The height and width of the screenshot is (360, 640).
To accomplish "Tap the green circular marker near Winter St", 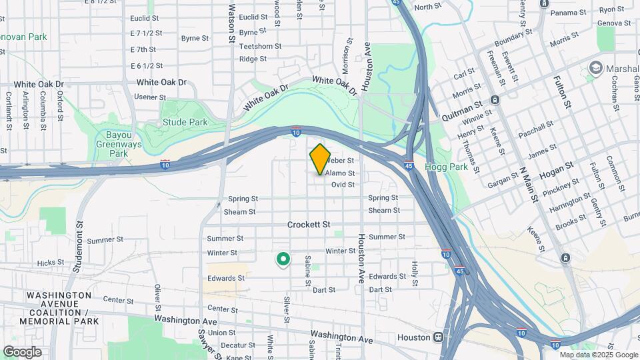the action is click(x=283, y=259).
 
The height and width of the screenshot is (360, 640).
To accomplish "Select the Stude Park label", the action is click(x=185, y=122).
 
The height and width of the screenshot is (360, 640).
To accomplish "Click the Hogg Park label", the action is click(x=446, y=167).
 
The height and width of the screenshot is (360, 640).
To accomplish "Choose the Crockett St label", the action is click(x=309, y=225).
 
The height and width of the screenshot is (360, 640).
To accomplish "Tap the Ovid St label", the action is click(x=343, y=185).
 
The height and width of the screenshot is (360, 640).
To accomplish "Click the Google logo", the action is click(x=22, y=352).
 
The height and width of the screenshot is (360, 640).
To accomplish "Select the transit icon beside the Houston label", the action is click(x=438, y=337).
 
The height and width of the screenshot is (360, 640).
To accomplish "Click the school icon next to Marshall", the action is click(x=595, y=68).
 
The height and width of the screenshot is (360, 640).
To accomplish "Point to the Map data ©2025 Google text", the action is click(x=598, y=355).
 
